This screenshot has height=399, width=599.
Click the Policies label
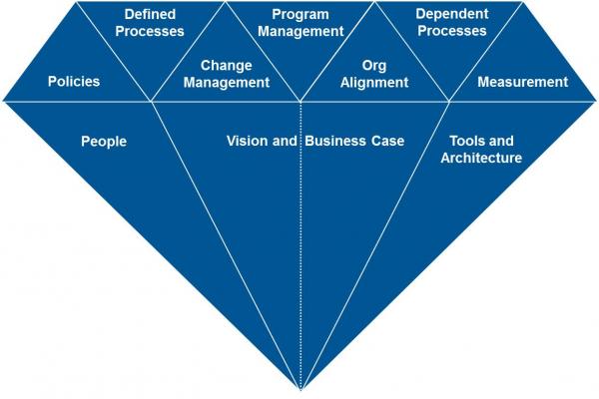[74, 81]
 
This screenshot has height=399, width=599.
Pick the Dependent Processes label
[451, 23]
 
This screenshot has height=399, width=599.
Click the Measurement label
[523, 81]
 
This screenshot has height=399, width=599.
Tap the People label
[104, 142]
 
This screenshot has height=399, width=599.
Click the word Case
[387, 142]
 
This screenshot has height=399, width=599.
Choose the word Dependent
[451, 15]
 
